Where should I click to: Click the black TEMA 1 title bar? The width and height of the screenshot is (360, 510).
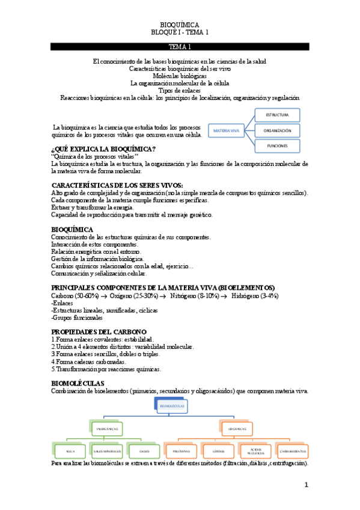[x=180, y=46]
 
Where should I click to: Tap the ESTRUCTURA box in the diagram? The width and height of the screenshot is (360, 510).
[x=277, y=114]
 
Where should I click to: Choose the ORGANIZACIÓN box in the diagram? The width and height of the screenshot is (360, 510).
[x=277, y=130]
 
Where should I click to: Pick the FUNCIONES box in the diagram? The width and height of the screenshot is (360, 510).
[x=277, y=146]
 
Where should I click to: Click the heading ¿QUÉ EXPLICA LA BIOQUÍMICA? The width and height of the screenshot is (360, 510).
[x=104, y=149]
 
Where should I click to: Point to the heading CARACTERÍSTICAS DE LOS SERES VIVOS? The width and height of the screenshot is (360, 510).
[x=117, y=185]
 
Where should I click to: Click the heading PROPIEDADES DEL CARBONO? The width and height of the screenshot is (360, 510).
[x=99, y=332]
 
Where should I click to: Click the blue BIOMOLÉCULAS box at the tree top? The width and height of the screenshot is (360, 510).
[x=172, y=406]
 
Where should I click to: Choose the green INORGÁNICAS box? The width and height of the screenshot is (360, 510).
[x=106, y=428]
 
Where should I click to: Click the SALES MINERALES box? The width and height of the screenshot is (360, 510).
[x=108, y=451]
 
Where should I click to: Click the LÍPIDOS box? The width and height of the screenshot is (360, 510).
[x=218, y=451]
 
